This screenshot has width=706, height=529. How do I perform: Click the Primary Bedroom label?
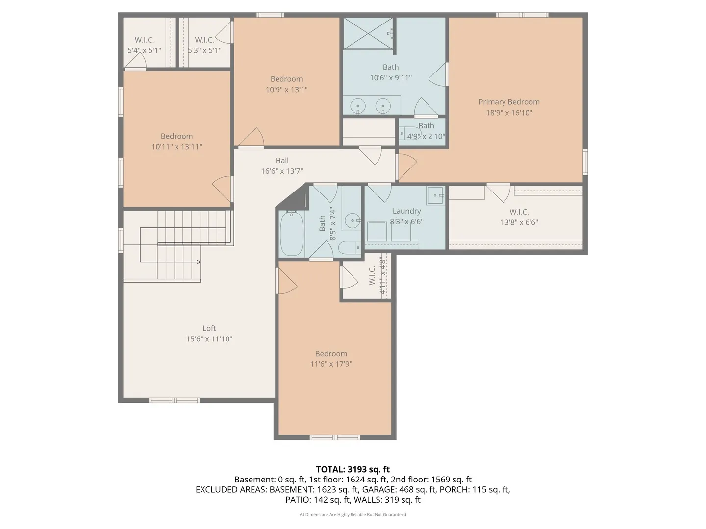(509, 102)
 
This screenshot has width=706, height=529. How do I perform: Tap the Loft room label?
(209, 328)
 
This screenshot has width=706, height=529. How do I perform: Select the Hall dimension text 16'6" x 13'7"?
(282, 171)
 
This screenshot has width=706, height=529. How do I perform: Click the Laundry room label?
(406, 211)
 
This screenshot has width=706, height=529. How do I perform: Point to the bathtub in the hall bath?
(291, 234)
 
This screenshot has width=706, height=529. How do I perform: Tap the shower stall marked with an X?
(368, 33)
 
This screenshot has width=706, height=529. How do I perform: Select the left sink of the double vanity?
(358, 105)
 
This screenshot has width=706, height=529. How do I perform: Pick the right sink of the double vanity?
(383, 105)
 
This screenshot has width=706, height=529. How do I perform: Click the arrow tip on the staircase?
(200, 262)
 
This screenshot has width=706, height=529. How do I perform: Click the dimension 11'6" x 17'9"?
(331, 364)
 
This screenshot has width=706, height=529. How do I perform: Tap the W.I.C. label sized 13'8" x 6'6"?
(519, 212)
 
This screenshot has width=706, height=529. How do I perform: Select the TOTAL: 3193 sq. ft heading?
(353, 469)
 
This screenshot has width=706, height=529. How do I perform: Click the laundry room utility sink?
(435, 195)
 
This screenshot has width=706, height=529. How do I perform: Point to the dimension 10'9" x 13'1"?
(286, 90)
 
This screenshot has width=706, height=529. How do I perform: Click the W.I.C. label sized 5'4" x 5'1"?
(144, 40)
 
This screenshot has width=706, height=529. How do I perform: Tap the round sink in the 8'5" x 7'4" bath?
(353, 220)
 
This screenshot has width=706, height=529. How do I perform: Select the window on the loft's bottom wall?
(174, 400)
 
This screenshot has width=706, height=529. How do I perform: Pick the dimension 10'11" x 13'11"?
(176, 147)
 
